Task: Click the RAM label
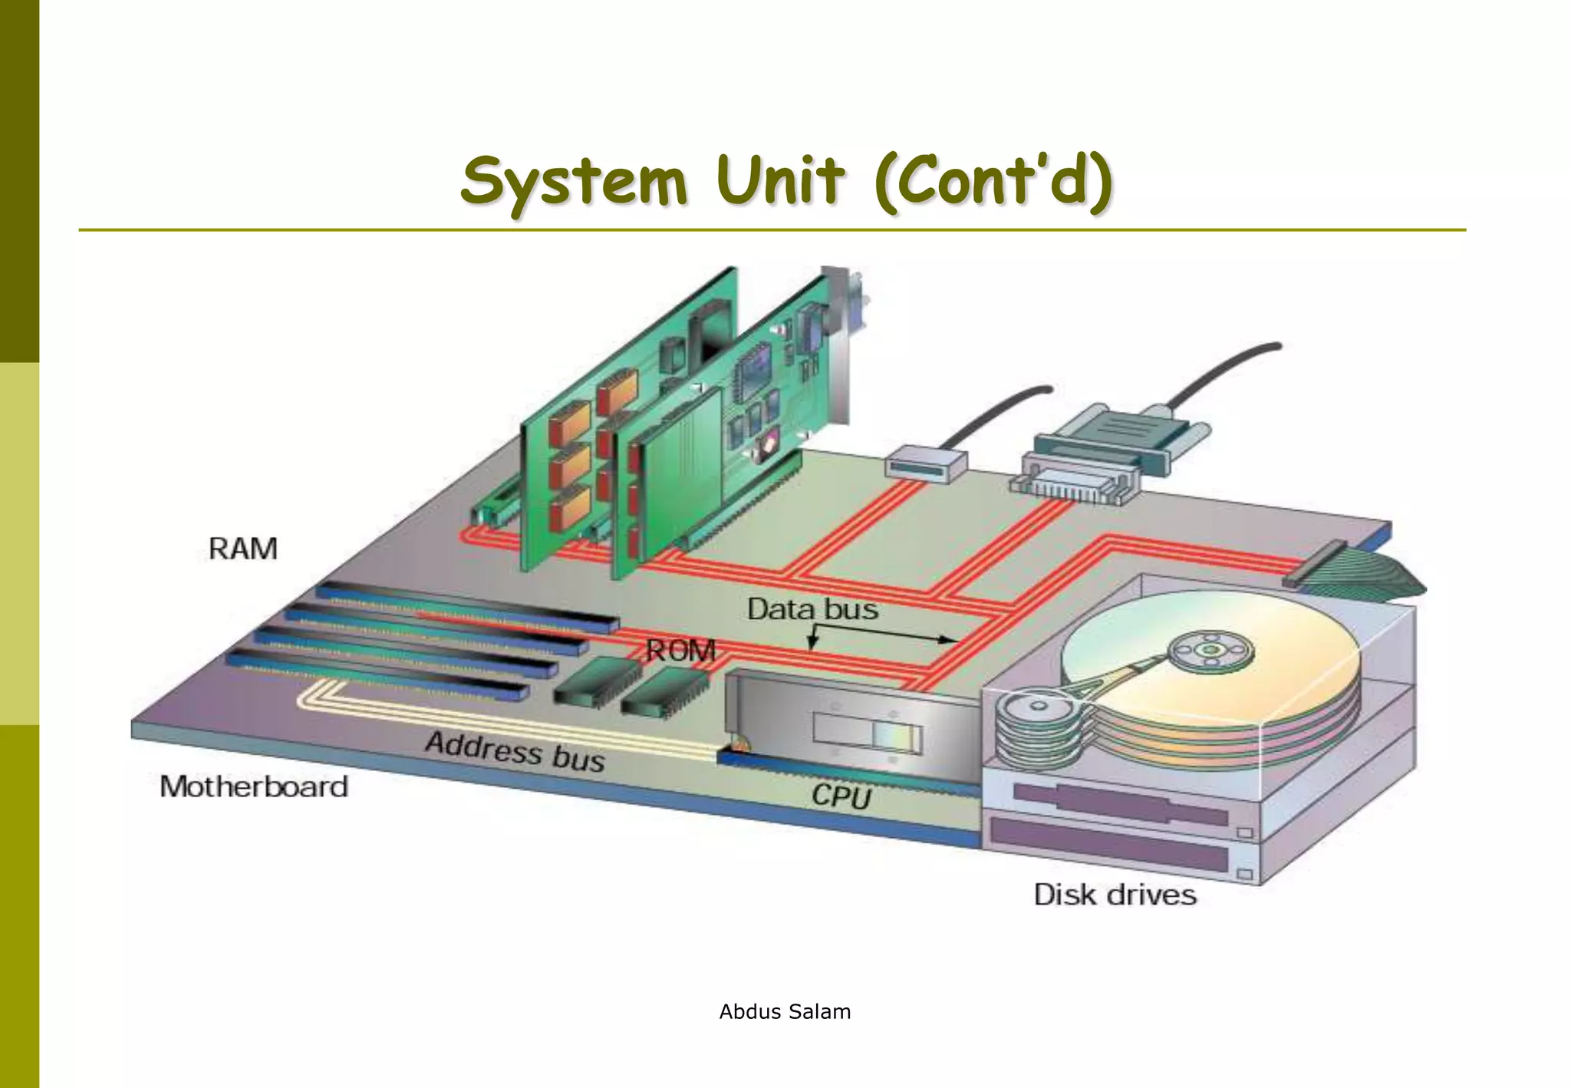point(242,549)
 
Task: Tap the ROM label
point(680,651)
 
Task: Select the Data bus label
point(812,609)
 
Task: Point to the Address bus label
point(515,751)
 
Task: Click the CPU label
point(841,796)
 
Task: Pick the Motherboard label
point(254,786)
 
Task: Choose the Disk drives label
point(1115,895)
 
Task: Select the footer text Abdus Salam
point(785,1012)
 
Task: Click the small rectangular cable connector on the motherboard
point(925,463)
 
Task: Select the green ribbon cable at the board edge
point(1373,578)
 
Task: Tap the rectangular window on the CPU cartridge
point(868,733)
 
